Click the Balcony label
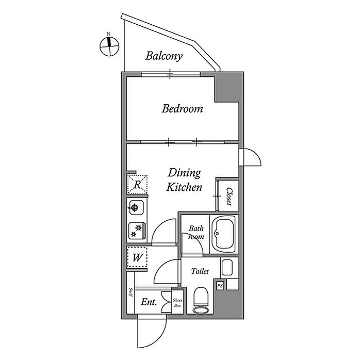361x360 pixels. tap(163, 56)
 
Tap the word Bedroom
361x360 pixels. tap(182, 109)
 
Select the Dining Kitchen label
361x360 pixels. tap(184, 180)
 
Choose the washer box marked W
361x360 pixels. tap(137, 257)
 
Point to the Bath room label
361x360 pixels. tap(195, 233)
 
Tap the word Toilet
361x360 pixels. tap(200, 271)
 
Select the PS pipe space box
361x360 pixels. tap(220, 285)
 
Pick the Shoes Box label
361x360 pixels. tap(178, 302)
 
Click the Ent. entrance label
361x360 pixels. tap(149, 302)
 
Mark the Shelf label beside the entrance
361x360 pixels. tap(131, 293)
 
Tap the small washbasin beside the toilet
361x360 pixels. tap(227, 268)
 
